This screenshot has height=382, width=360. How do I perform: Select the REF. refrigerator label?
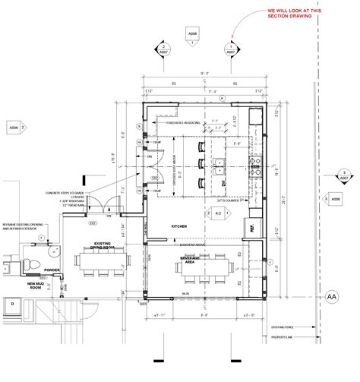point(248,227)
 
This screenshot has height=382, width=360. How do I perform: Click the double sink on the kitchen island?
point(218,160)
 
